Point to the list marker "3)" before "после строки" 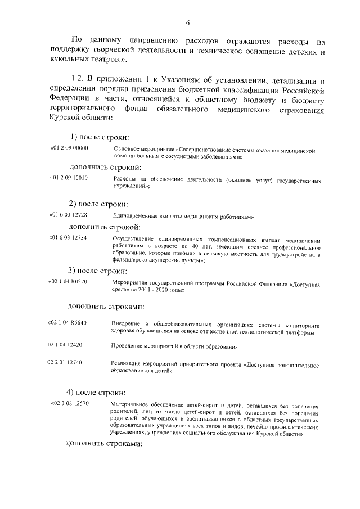(x=72, y=269)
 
